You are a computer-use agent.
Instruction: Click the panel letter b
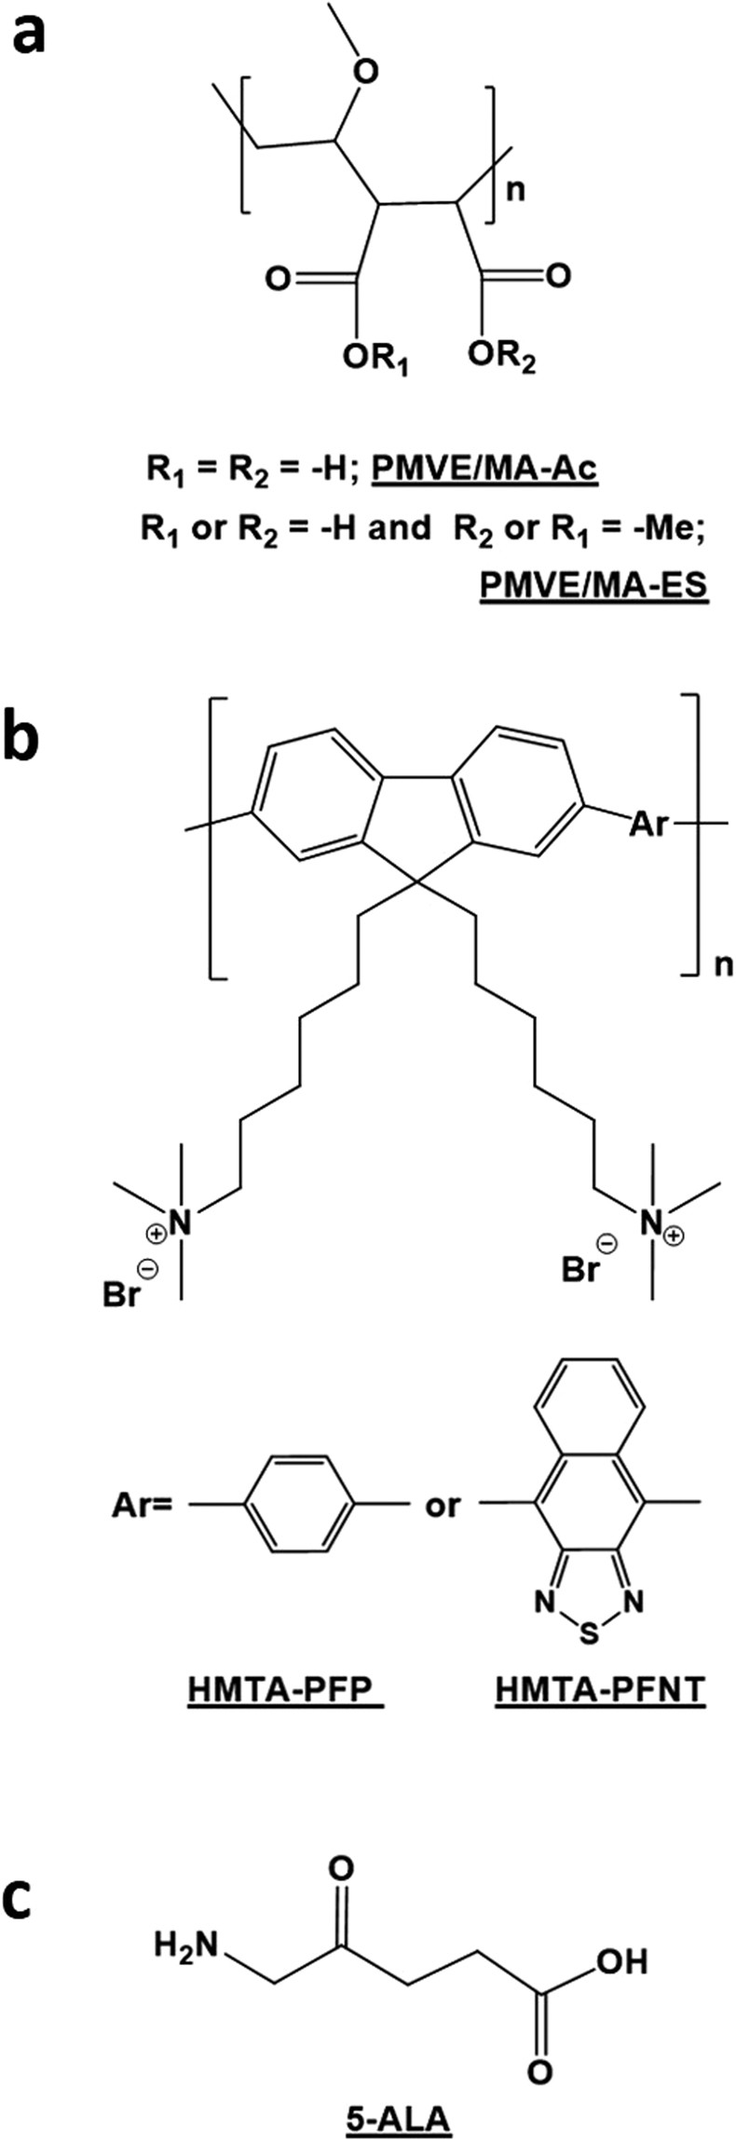[32, 738]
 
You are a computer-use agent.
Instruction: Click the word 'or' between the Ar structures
[442, 1506]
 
